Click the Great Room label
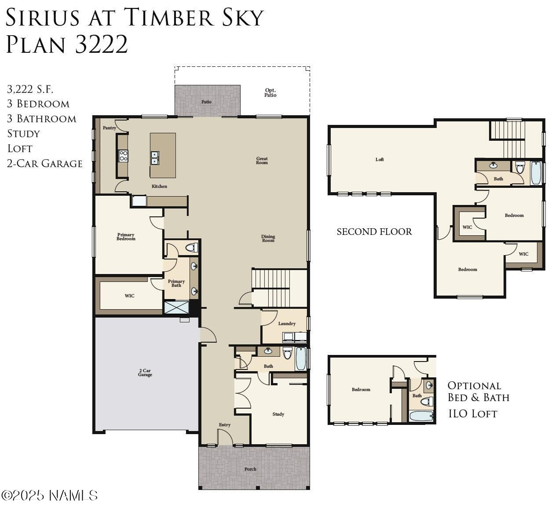262,161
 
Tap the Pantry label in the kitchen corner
109,128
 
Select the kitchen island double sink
154,158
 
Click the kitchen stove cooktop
123,156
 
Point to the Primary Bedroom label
126,237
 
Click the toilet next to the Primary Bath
192,248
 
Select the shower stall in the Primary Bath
176,307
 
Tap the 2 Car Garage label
145,373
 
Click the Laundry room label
287,324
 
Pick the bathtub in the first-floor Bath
300,358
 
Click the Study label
278,414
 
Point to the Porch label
250,469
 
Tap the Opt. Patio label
270,92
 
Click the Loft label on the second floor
380,159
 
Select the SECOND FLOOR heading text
374,232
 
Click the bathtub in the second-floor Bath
535,173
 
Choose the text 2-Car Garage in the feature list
44,164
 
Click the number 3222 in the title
101,44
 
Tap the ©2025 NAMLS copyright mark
49,496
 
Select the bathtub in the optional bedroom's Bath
421,416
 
